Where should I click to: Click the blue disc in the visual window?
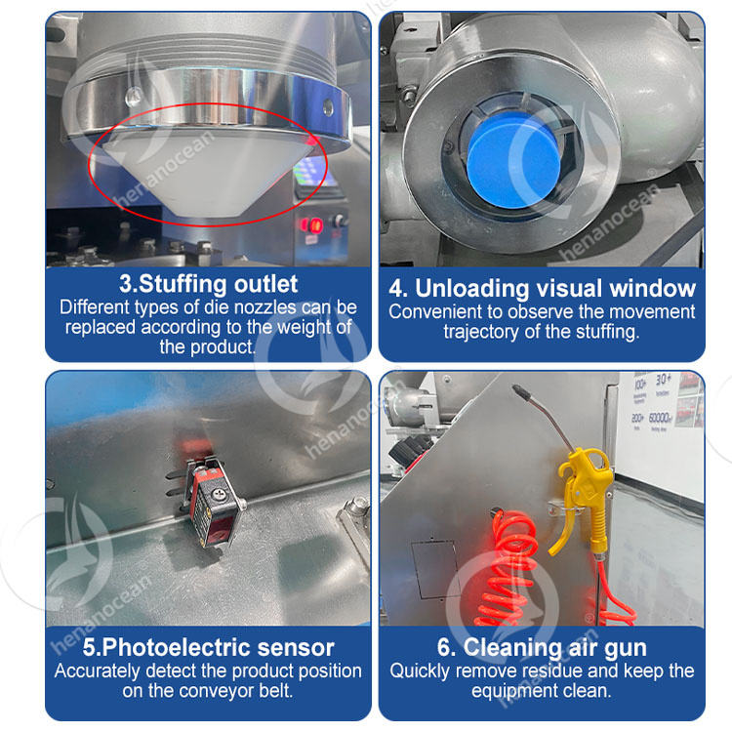pyautogui.click(x=513, y=160)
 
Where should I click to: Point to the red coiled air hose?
pyautogui.click(x=507, y=570)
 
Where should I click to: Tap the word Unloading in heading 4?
pyautogui.click(x=472, y=289)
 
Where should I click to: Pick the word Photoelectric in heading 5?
pyautogui.click(x=177, y=647)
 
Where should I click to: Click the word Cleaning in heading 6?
pyautogui.click(x=508, y=648)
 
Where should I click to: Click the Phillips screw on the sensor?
pyautogui.click(x=219, y=495)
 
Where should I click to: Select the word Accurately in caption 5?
pyautogui.click(x=97, y=671)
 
